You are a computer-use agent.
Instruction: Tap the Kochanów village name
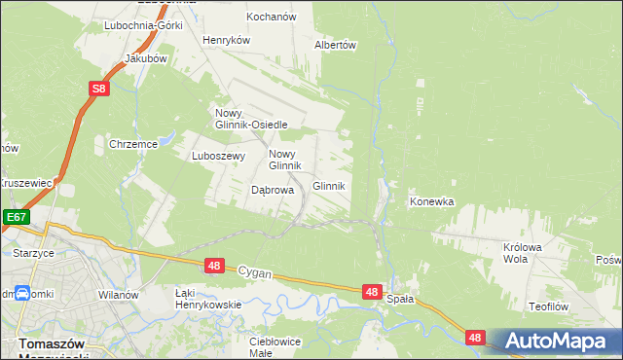(274, 18)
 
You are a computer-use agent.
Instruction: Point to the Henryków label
(227, 41)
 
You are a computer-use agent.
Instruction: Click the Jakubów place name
(147, 58)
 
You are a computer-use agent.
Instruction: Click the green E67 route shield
(17, 218)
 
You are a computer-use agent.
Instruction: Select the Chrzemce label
(133, 144)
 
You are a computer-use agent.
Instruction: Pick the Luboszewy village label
(216, 156)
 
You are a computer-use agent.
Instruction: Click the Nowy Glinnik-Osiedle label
(250, 119)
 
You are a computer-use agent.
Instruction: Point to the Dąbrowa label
(273, 191)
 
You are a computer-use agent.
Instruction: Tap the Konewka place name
(432, 202)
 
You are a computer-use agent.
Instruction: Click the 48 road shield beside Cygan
(215, 266)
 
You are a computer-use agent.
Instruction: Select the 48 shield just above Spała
(372, 291)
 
